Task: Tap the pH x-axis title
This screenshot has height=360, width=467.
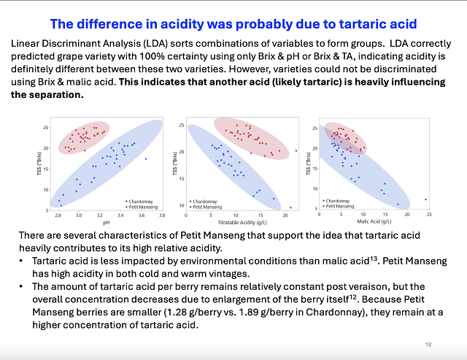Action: [x=105, y=222]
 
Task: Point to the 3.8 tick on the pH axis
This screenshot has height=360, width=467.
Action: [x=163, y=215]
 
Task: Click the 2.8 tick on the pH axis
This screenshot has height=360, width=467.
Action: [x=58, y=215]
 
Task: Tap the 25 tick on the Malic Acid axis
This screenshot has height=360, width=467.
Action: [x=429, y=214]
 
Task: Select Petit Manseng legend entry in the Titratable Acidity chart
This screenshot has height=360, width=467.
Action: [x=207, y=206]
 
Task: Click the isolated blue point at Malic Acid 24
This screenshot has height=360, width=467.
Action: [x=426, y=199]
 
